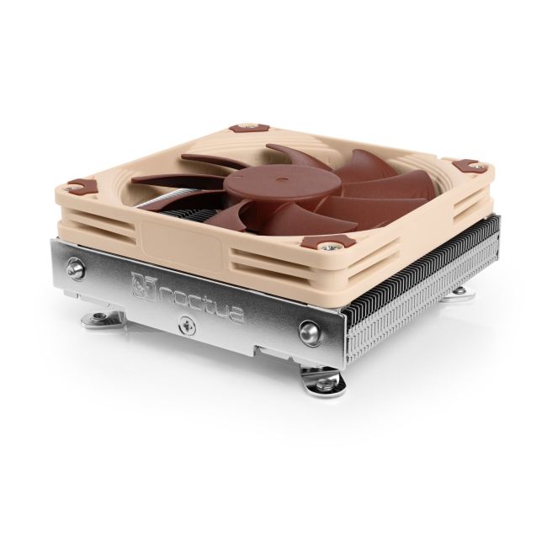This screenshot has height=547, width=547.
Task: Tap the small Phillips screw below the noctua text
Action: pos(183,321)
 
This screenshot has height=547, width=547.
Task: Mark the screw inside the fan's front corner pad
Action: pos(345,244)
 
